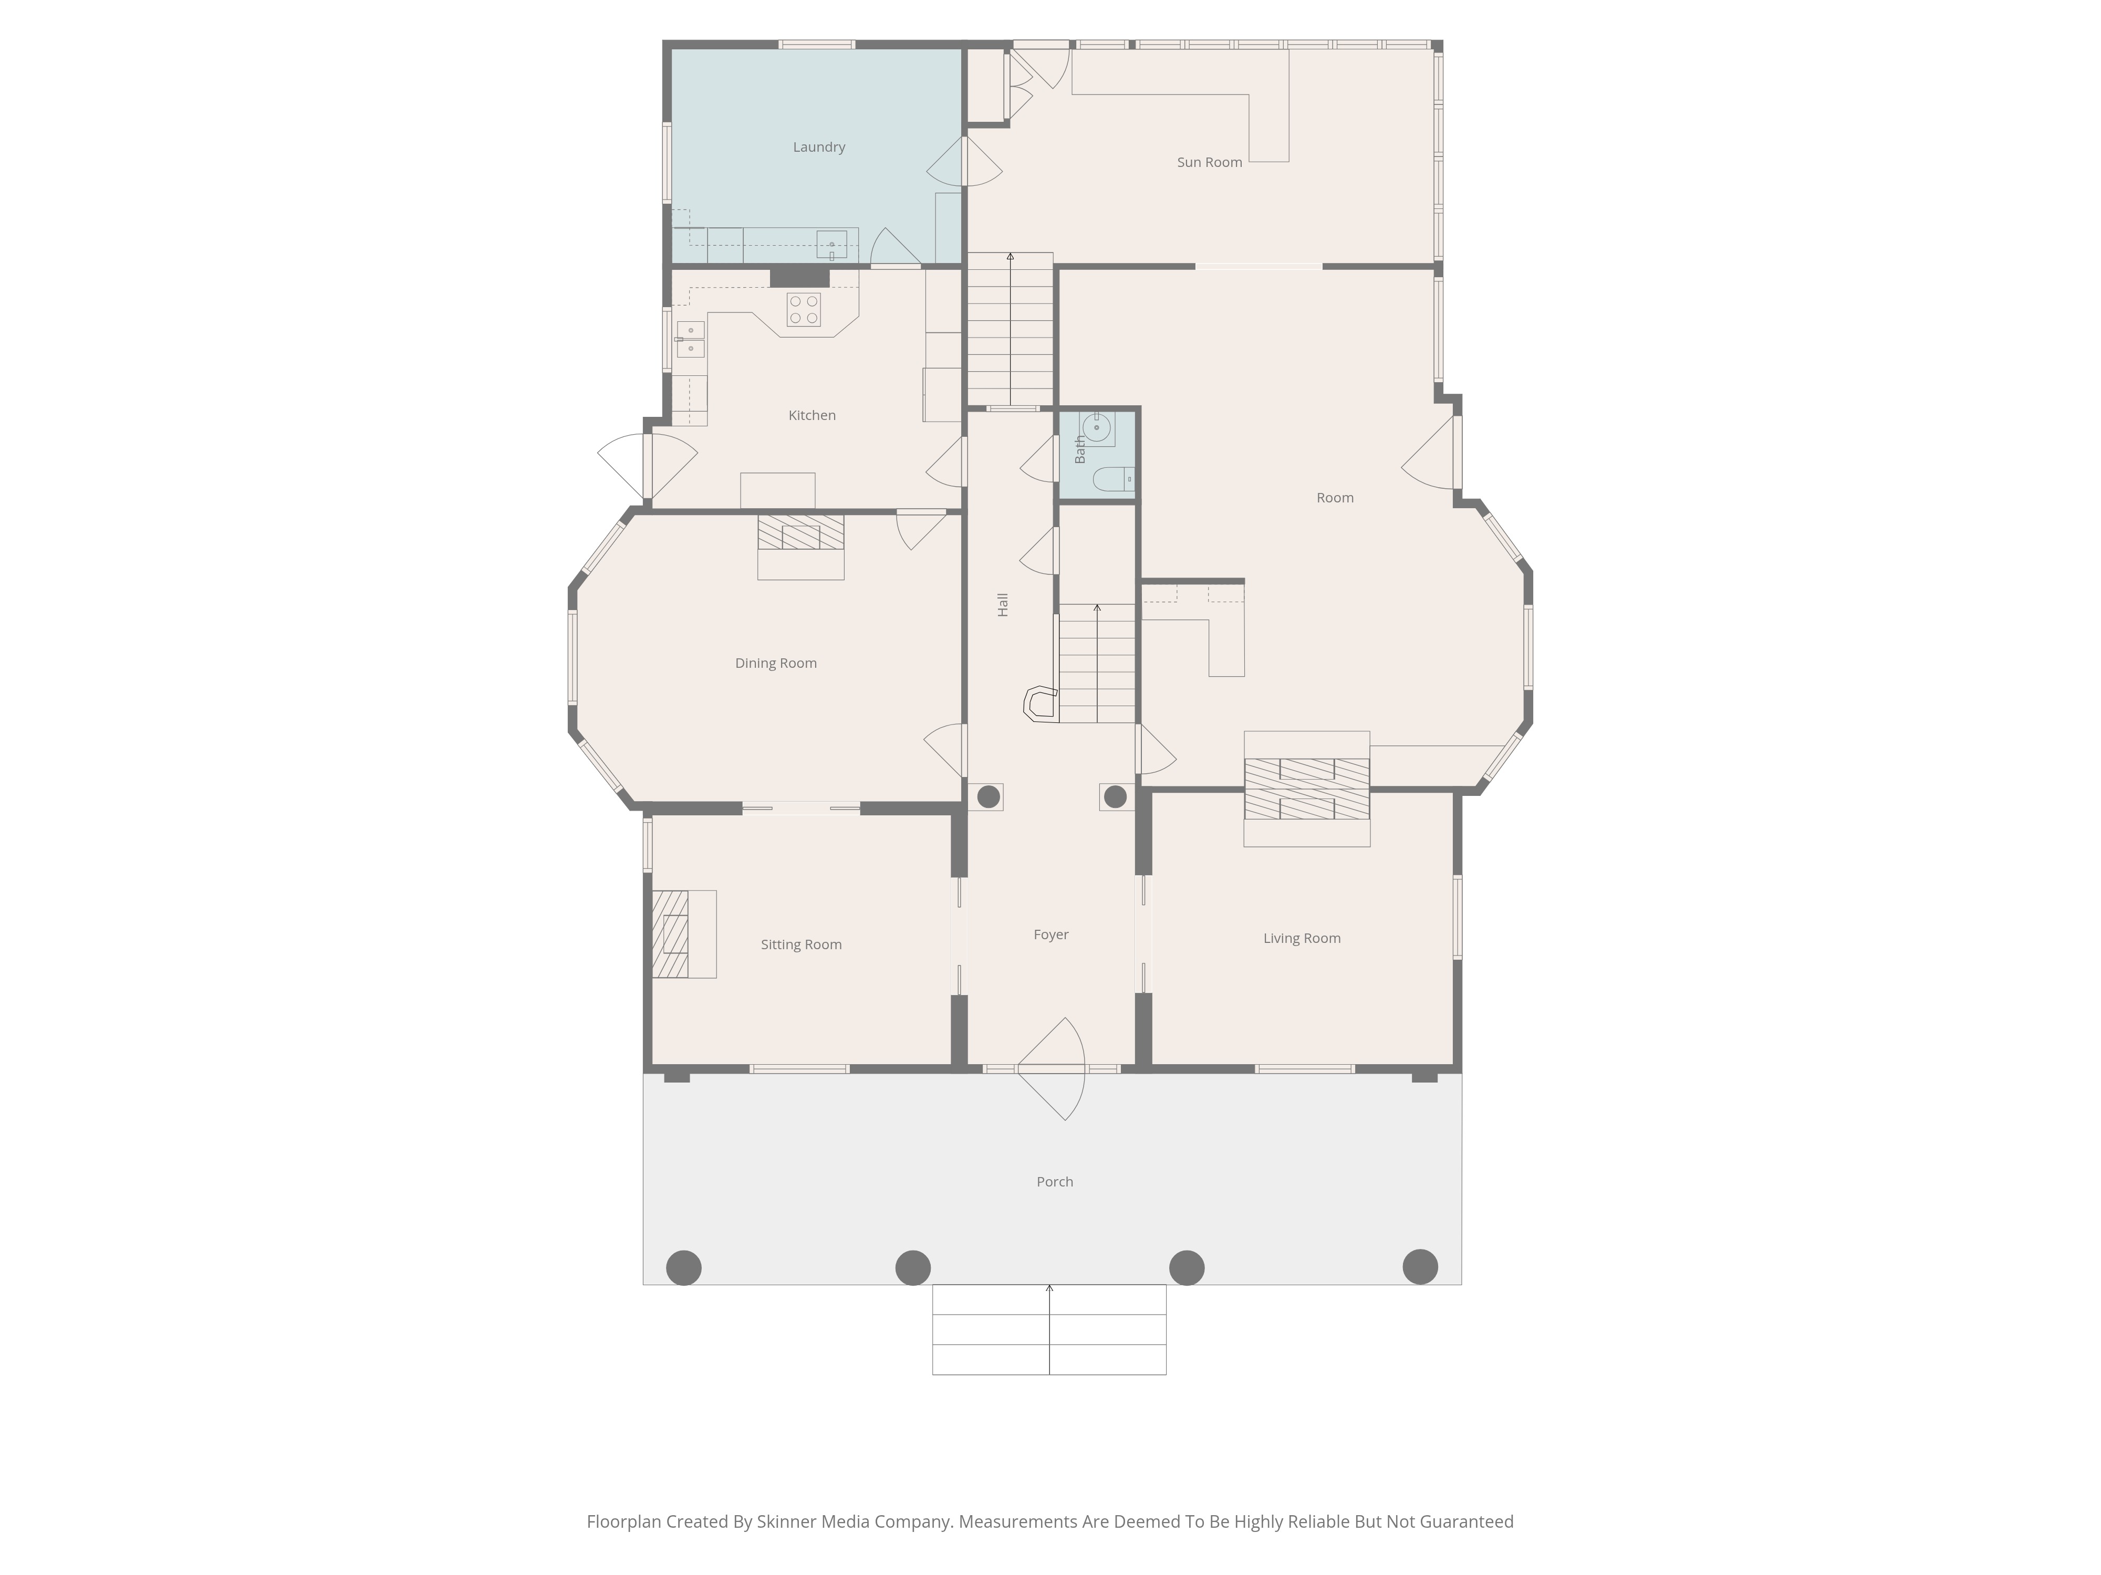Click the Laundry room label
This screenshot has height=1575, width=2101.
click(819, 147)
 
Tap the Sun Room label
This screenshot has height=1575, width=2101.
click(1209, 162)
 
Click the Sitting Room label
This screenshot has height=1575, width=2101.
click(800, 944)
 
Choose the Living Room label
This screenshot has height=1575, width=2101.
click(1301, 939)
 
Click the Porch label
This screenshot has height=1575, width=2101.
click(1054, 1182)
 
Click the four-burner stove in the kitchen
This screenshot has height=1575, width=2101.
click(804, 310)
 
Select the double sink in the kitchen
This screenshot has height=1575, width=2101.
click(691, 340)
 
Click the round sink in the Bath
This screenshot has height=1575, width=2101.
click(1097, 428)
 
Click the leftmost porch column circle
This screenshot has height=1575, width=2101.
click(684, 1267)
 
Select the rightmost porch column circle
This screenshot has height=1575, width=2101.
click(1420, 1266)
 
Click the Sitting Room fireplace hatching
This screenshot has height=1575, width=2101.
click(671, 934)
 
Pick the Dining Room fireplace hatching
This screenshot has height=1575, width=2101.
click(800, 532)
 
